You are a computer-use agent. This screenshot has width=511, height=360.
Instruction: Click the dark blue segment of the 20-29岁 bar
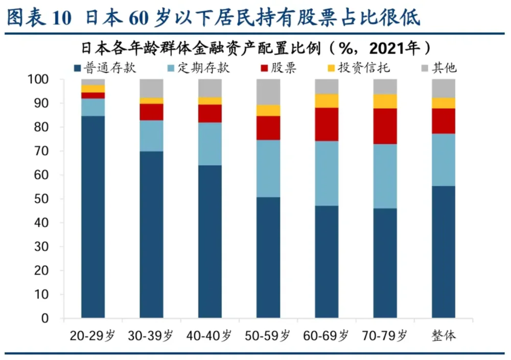click(93, 217)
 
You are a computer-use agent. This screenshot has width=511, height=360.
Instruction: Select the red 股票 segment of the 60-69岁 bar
click(327, 124)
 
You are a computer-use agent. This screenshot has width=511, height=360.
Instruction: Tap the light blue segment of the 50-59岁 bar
click(268, 169)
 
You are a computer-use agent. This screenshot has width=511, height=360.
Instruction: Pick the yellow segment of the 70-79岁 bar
click(385, 101)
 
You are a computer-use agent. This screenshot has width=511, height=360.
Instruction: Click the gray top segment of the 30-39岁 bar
click(151, 88)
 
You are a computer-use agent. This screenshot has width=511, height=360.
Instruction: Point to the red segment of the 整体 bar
click(444, 121)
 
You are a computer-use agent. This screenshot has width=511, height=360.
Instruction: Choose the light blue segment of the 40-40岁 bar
click(210, 144)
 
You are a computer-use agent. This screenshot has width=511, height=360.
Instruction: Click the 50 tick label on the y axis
click(44, 199)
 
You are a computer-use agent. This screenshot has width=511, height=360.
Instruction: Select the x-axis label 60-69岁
click(327, 336)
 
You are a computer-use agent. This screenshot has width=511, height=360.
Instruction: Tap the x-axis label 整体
click(443, 336)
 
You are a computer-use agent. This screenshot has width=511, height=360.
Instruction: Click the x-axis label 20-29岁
click(94, 336)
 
